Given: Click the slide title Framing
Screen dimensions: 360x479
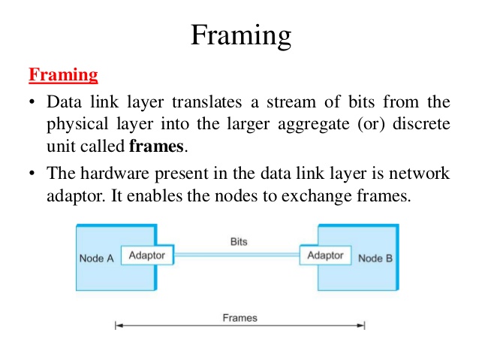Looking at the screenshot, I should click(x=239, y=35).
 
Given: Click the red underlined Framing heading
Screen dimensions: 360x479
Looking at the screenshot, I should click(x=63, y=75).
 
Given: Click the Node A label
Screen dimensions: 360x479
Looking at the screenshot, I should click(x=96, y=259).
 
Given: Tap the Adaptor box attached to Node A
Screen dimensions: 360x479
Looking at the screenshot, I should click(x=147, y=256).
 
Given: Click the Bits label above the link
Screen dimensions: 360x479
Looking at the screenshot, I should click(x=239, y=242).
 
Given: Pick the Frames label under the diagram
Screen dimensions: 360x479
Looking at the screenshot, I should click(x=239, y=318).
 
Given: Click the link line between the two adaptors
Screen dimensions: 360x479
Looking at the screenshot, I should click(x=236, y=256).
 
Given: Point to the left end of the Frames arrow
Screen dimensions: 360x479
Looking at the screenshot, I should click(x=116, y=326).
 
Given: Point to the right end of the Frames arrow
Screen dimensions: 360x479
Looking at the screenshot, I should click(x=364, y=326).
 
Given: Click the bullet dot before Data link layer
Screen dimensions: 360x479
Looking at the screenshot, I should click(x=33, y=102).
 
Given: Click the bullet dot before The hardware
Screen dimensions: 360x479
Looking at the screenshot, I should click(x=33, y=173).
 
